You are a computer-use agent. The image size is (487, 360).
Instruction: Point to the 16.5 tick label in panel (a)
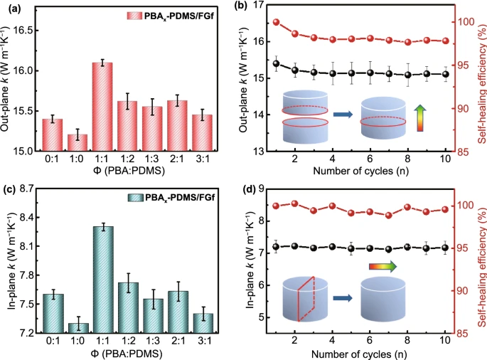pyautogui.click(x=29, y=30)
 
